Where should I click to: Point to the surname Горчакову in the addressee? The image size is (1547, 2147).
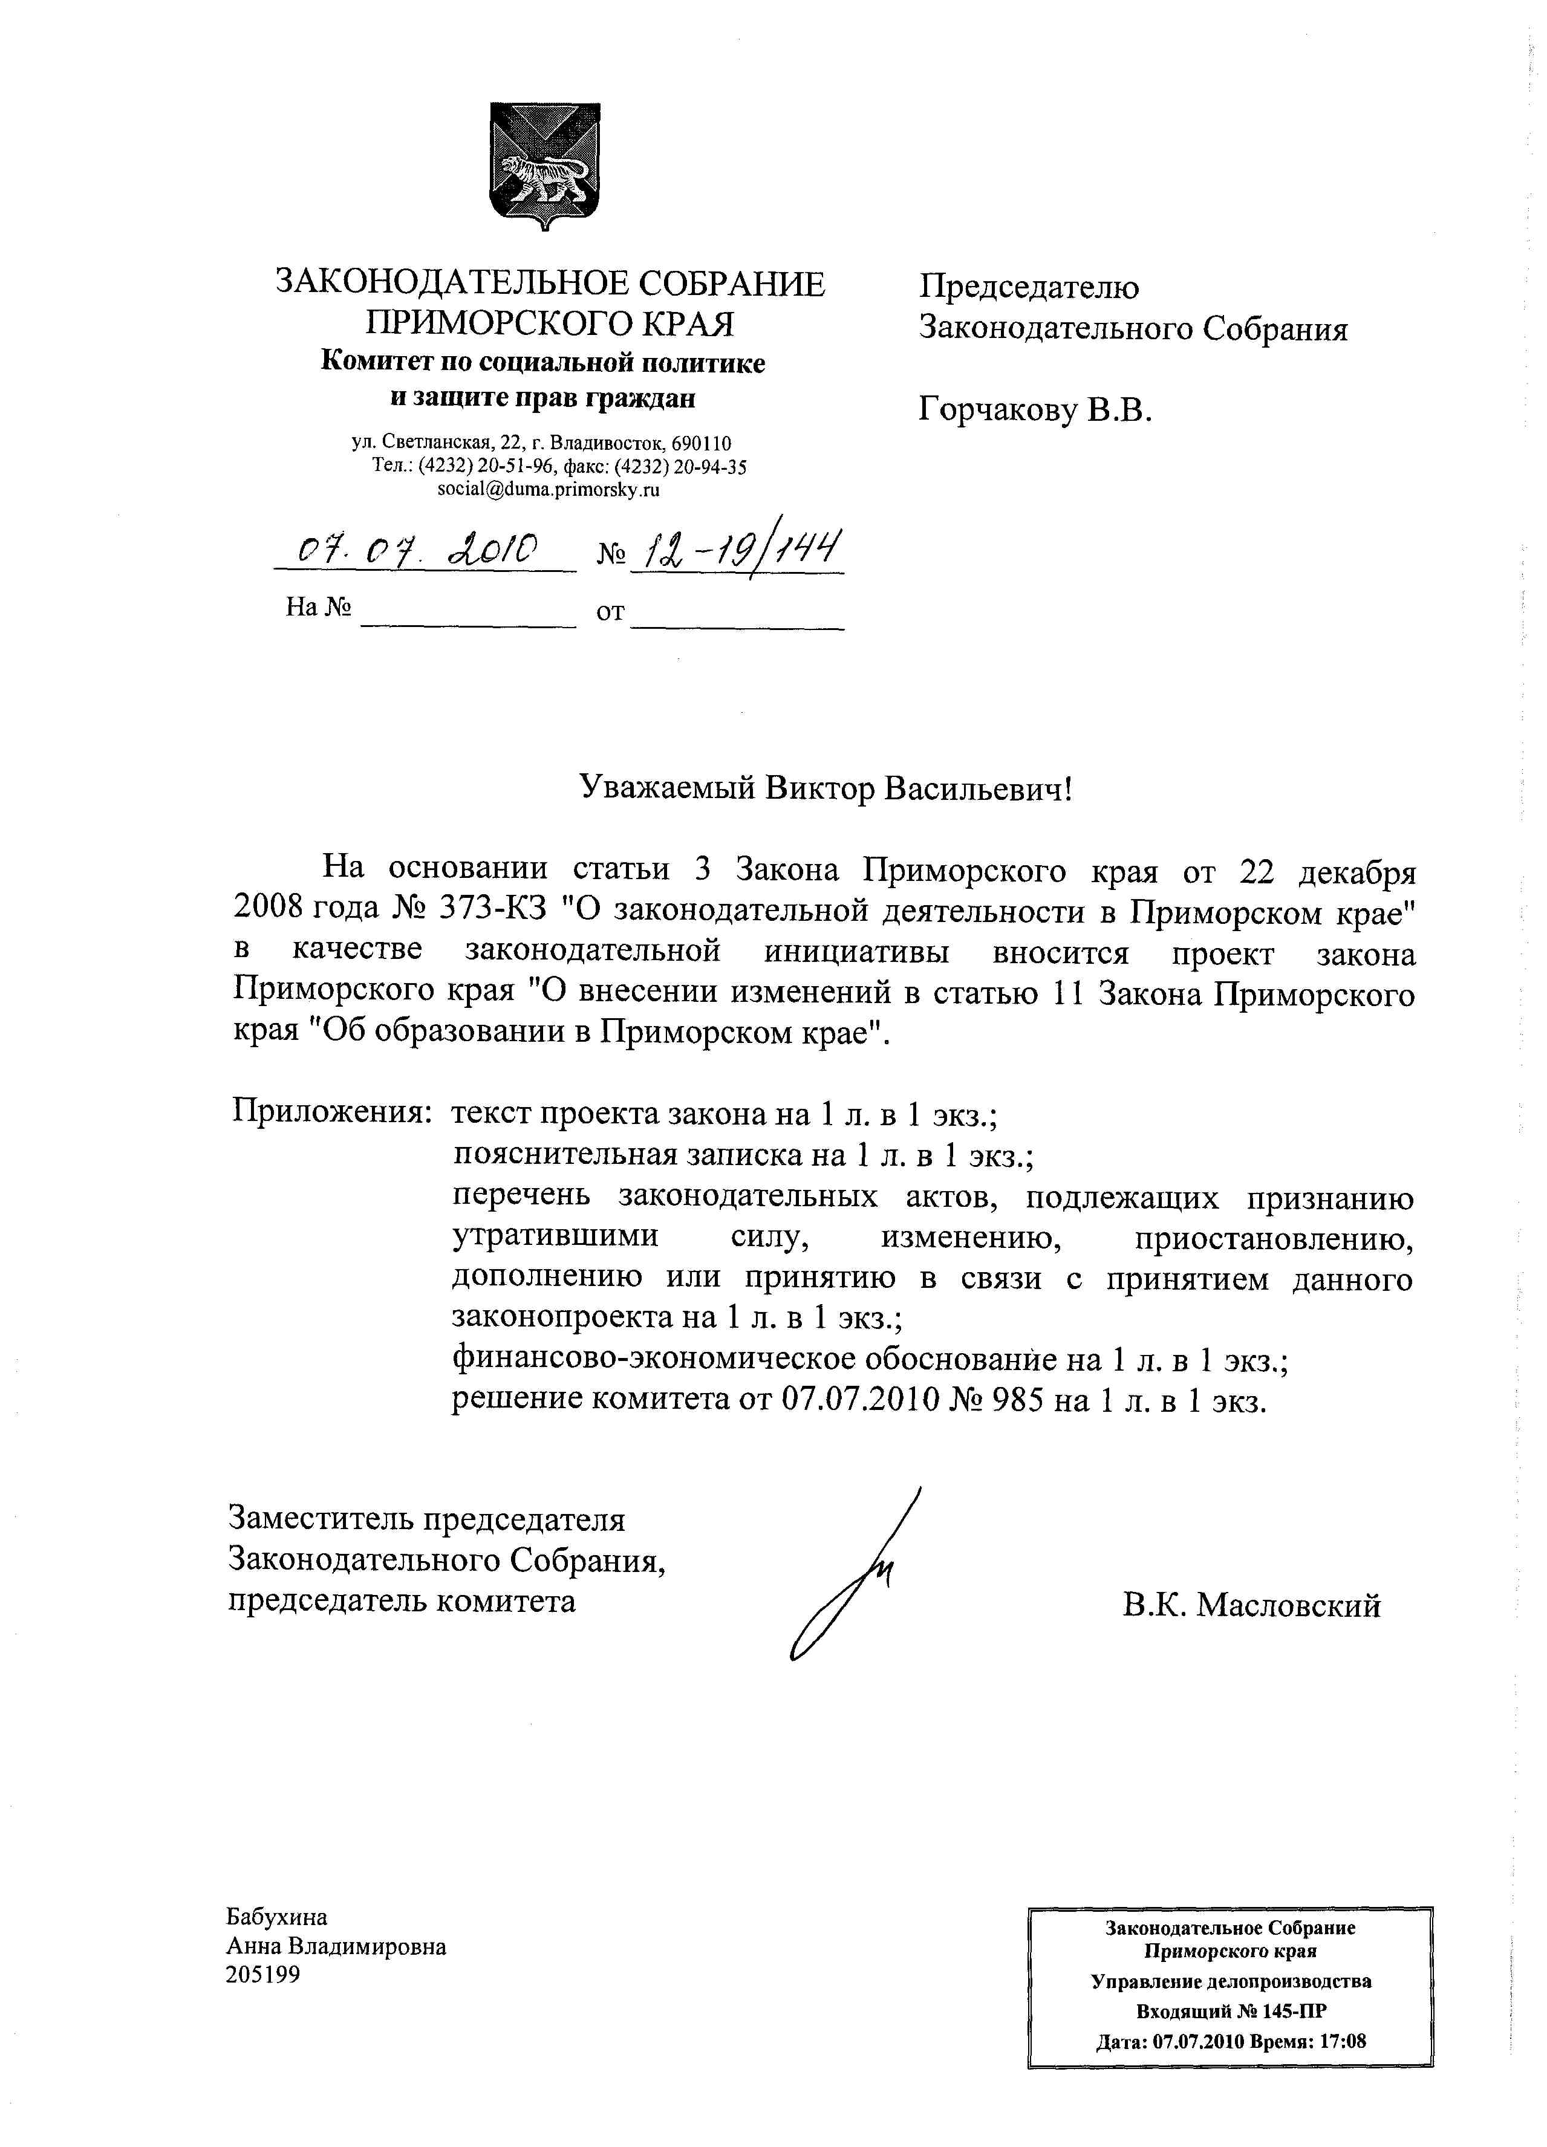click(x=996, y=410)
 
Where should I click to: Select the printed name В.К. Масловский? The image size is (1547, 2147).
click(x=1252, y=1605)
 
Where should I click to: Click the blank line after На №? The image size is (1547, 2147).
click(x=469, y=621)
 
